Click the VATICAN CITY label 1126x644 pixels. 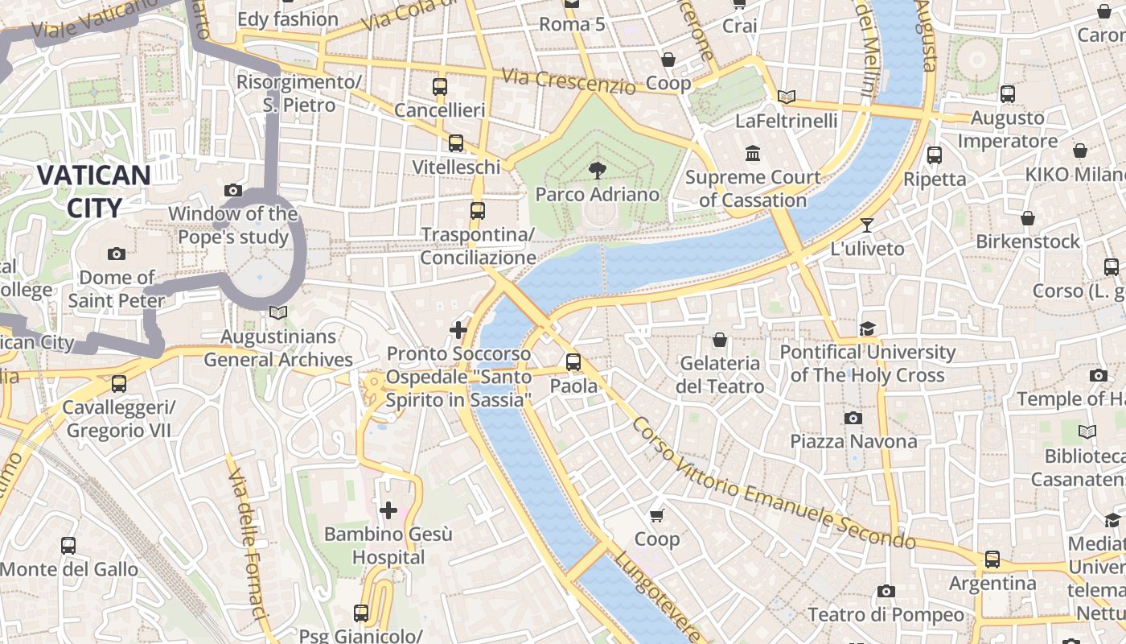tap(94, 192)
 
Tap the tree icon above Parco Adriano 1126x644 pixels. tap(597, 170)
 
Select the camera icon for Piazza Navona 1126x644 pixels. tap(853, 418)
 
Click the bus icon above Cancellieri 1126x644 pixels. tap(440, 87)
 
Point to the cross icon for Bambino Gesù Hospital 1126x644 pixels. tap(388, 510)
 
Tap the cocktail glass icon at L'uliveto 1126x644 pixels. tap(867, 225)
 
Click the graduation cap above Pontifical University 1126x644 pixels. tap(867, 328)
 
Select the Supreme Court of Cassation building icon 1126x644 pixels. tap(753, 153)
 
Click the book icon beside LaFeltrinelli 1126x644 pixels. tap(786, 97)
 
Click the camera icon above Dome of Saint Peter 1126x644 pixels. tap(117, 254)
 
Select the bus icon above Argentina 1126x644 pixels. tap(992, 559)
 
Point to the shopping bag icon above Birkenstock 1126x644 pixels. tap(1028, 218)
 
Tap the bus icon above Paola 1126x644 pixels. tap(573, 362)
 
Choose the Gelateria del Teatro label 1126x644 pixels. tap(720, 375)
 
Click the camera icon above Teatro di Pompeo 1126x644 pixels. tap(886, 592)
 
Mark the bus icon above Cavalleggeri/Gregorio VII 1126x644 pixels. tap(119, 384)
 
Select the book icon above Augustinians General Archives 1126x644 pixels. tap(278, 312)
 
